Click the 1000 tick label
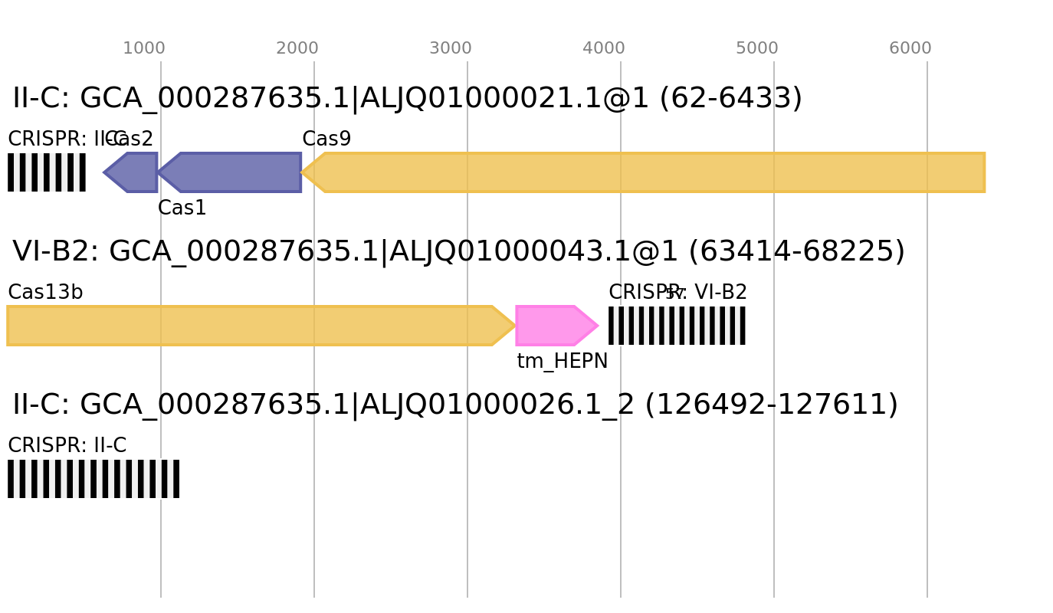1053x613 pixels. point(144,48)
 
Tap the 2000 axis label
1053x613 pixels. point(297,48)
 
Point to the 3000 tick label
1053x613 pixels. point(451,48)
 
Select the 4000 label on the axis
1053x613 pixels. point(604,48)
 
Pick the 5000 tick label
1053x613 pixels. point(757,48)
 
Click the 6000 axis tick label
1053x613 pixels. point(910,48)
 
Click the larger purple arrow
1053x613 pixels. point(233,172)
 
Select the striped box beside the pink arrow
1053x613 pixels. point(677,326)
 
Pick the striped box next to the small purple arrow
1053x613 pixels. point(47,172)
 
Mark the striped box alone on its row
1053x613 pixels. point(93,479)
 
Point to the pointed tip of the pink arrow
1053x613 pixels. point(599,326)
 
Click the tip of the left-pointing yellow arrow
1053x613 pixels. point(302,172)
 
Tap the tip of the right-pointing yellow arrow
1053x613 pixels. point(516,326)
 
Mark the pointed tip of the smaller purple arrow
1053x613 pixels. point(103,172)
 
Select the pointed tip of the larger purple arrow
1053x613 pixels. point(159,172)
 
